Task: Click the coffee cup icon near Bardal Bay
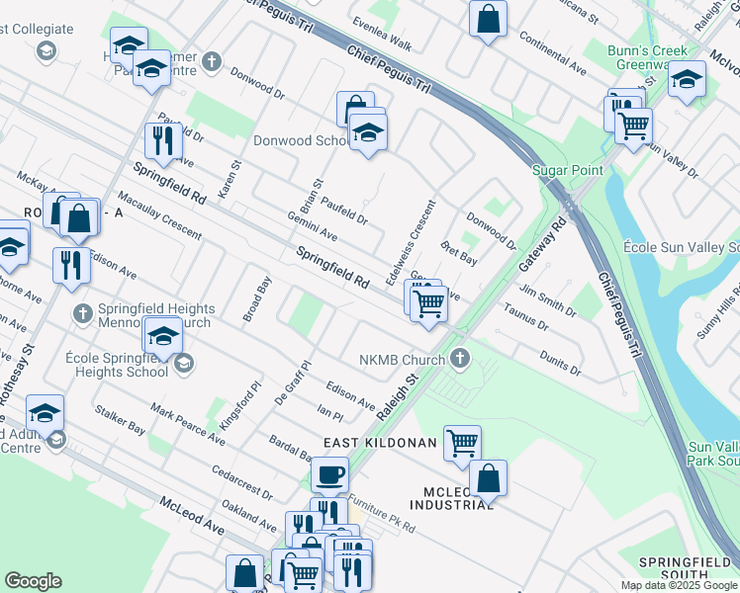pyautogui.click(x=329, y=474)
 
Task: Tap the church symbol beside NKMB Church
pyautogui.click(x=457, y=358)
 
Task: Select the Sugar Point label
pyautogui.click(x=567, y=170)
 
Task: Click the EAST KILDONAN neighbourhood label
pyautogui.click(x=378, y=444)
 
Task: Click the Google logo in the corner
pyautogui.click(x=33, y=581)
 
